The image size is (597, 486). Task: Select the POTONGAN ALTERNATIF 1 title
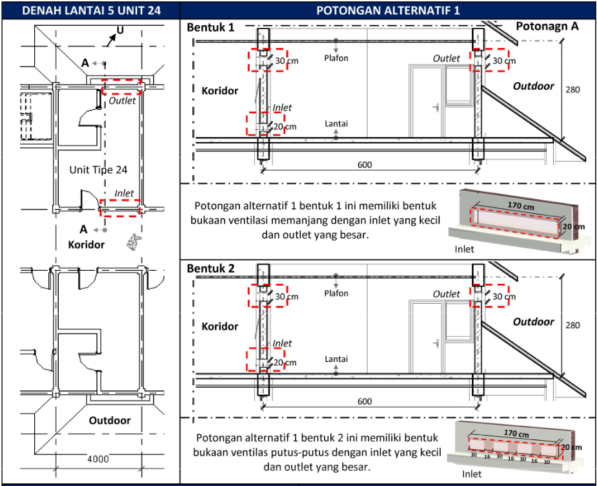point(388,10)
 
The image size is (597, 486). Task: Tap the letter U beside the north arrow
point(119,30)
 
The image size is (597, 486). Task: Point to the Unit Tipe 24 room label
point(98,170)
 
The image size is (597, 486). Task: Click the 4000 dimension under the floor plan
point(98,459)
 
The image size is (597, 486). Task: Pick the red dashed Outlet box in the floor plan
point(121,87)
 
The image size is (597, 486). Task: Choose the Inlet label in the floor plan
point(124,193)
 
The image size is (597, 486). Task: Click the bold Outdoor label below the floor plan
point(110,420)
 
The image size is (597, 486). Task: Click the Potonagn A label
point(547,26)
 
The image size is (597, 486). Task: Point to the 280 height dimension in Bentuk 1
point(572,89)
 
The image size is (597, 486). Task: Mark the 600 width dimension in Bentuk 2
point(365,401)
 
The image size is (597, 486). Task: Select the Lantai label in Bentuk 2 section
point(336,359)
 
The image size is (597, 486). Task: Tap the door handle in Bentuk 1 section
point(438,107)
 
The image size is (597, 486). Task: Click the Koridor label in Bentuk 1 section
point(219,91)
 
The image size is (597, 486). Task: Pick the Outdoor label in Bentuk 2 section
point(533,322)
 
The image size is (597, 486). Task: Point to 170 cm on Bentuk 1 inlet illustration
point(520,206)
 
